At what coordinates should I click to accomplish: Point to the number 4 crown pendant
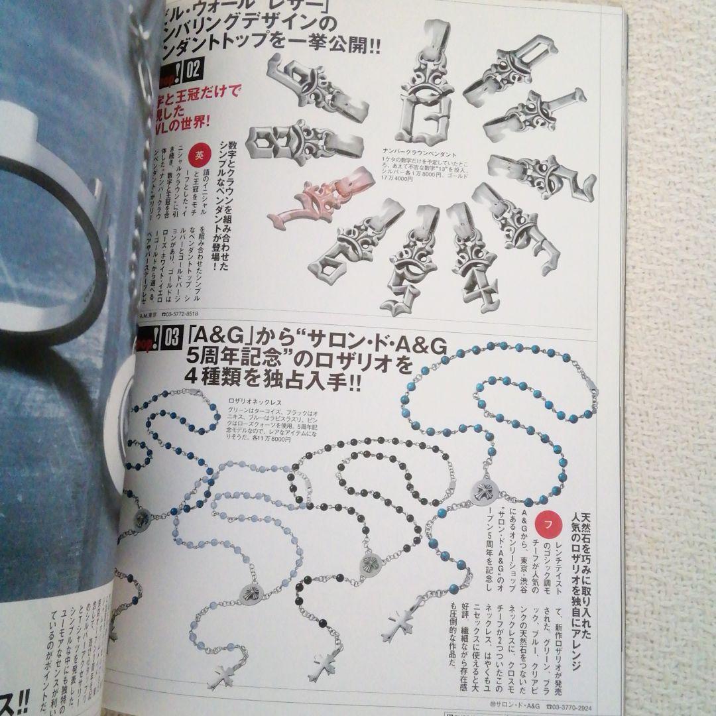coord(473,265)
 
